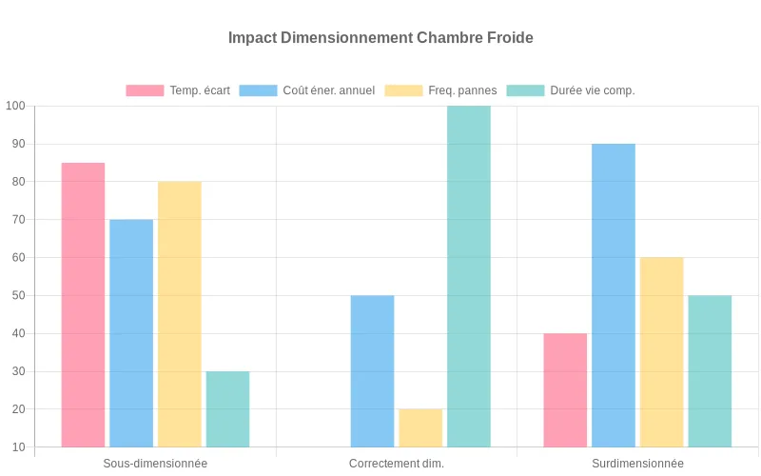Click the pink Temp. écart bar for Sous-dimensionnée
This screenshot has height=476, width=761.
coord(83,305)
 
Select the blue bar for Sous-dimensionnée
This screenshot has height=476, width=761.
coord(131,333)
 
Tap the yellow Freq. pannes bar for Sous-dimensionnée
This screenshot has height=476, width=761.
coord(179,314)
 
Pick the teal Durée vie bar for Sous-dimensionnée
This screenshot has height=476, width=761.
coord(227,409)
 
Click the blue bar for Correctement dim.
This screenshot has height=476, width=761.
coord(372,371)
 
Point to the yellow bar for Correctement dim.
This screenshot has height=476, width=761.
coord(420,428)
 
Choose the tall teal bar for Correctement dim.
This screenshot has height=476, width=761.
coord(469,276)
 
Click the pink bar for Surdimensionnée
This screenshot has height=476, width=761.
coord(565,390)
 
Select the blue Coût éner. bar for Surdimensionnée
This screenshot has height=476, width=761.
coord(614,295)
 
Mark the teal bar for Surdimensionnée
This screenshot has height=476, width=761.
coord(710,371)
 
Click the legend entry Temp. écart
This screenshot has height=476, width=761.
coord(178,90)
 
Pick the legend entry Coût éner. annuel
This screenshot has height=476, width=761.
coord(306,90)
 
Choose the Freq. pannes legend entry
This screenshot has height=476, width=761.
coord(440,90)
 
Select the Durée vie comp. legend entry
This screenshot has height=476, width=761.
coord(570,90)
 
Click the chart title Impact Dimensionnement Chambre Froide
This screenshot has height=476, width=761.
coord(380,38)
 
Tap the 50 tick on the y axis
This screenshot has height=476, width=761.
coord(19,295)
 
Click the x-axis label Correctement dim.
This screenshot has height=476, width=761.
coord(397,464)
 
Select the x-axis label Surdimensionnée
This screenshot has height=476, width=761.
coord(637,464)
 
